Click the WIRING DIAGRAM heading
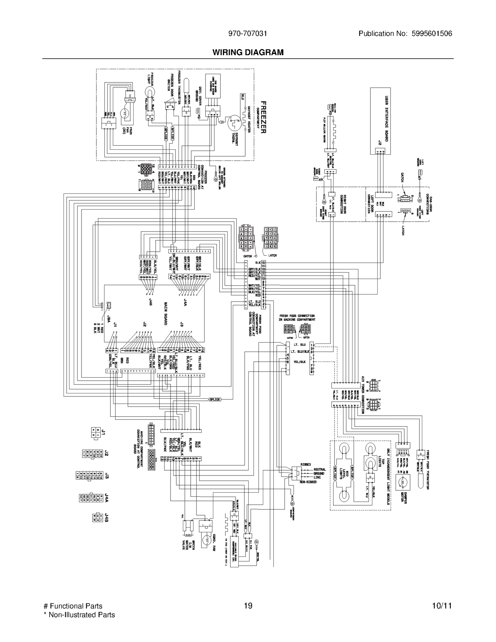[248, 52]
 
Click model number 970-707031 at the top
[247, 34]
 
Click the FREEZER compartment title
[263, 117]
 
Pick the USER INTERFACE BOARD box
[380, 121]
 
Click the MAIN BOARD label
[166, 313]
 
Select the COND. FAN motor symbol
[206, 540]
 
